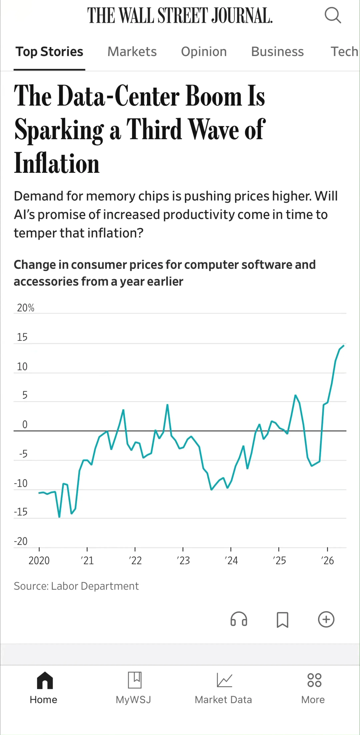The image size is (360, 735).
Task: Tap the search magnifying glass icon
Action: click(333, 15)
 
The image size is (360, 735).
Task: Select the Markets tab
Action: click(132, 52)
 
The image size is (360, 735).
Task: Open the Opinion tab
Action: click(204, 52)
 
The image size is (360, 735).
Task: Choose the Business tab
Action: click(277, 52)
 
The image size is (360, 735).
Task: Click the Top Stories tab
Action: click(49, 52)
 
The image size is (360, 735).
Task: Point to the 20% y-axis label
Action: click(25, 308)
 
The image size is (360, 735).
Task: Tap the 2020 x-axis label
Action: click(39, 561)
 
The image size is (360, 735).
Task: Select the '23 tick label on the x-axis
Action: click(183, 561)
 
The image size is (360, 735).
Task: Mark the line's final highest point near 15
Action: click(344, 346)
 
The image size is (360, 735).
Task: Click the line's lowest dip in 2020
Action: click(59, 517)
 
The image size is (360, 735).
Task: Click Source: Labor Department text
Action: click(76, 586)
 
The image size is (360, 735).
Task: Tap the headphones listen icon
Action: click(239, 619)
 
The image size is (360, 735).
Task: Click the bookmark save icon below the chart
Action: click(282, 620)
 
